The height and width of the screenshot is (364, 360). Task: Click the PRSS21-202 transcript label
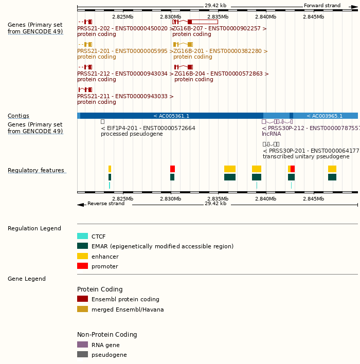[125, 29]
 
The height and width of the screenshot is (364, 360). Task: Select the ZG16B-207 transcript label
[220, 29]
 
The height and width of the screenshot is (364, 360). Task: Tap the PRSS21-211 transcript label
[125, 96]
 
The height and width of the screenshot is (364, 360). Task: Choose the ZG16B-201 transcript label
[220, 51]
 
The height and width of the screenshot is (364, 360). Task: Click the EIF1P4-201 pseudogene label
[148, 128]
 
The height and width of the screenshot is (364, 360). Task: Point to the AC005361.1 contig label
[171, 116]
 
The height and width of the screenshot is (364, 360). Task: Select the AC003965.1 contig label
[325, 116]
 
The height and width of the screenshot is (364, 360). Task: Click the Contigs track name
[19, 116]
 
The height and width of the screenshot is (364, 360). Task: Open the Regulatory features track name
[36, 171]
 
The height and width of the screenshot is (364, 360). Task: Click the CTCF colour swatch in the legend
[82, 236]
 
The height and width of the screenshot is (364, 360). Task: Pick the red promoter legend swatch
[82, 266]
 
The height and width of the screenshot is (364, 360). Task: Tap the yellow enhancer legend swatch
[82, 257]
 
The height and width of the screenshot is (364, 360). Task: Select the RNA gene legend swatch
[82, 345]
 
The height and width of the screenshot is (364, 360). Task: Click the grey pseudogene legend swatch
[82, 355]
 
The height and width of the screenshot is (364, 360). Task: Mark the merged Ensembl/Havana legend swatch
[82, 310]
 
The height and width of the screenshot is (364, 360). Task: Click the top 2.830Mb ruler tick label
[170, 17]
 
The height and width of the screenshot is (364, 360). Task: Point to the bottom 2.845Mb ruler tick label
[313, 199]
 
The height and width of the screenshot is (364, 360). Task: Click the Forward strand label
[322, 6]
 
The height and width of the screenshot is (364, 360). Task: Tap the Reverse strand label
[105, 204]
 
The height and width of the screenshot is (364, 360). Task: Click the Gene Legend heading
[27, 279]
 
